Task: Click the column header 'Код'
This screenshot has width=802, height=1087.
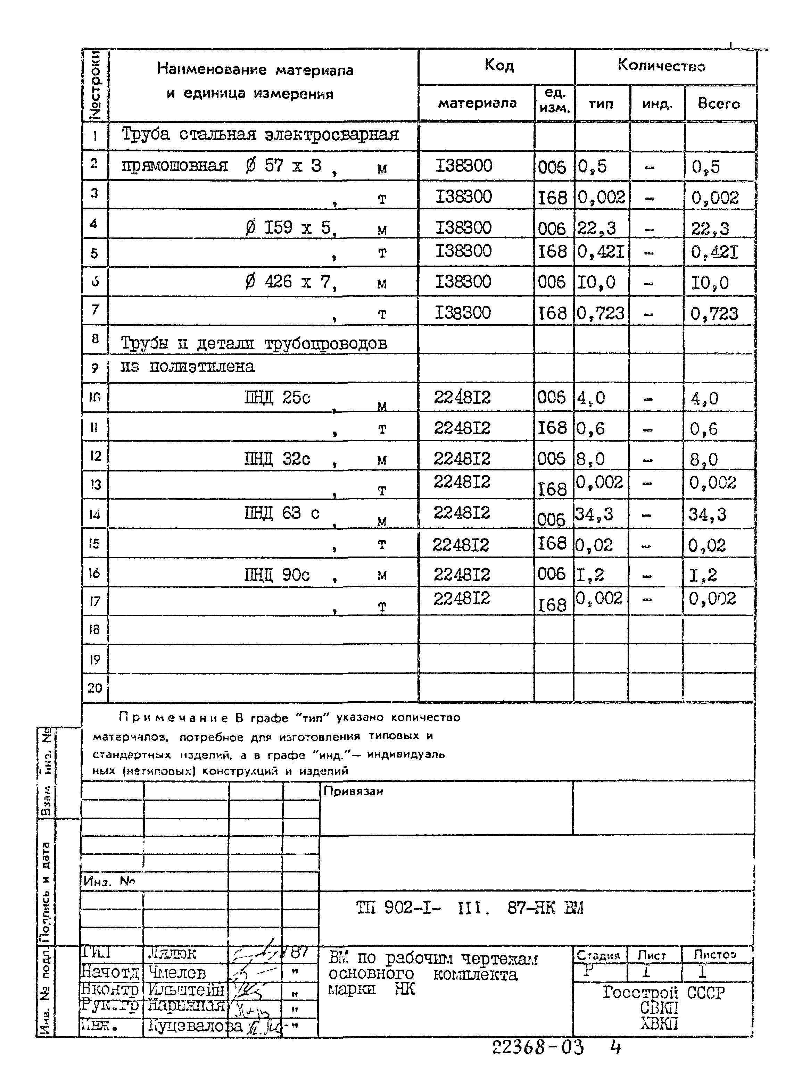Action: pos(498,65)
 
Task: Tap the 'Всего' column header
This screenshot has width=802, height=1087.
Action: pos(719,103)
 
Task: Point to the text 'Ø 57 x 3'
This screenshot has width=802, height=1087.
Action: pos(283,166)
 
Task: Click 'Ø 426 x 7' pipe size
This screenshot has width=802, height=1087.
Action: pos(290,282)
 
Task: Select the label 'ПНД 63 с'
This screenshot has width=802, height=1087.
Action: pos(282,513)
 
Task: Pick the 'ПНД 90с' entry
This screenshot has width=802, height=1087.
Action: pos(277,575)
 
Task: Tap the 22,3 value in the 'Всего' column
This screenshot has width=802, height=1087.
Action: pos(710,228)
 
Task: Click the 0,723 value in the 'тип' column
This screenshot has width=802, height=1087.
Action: pos(601,313)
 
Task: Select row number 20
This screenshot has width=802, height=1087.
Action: pos(95,688)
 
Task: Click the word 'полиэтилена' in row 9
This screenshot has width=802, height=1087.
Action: pos(201,366)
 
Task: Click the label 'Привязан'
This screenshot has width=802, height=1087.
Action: pos(354,792)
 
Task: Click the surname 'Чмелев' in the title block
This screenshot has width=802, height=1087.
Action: pos(177,972)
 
